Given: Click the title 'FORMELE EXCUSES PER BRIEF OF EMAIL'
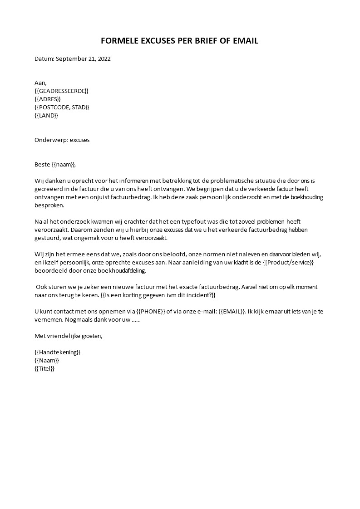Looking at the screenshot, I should [x=179, y=41].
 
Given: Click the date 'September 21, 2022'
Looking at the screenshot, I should [x=83, y=59].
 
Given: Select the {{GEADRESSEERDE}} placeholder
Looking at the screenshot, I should [x=61, y=91].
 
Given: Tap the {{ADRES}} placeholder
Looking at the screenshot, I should [x=47, y=99].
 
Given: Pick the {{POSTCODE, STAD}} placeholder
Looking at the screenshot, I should [x=62, y=107].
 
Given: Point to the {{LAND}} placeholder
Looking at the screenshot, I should [x=46, y=115].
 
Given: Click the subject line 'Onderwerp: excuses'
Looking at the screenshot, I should [x=62, y=140].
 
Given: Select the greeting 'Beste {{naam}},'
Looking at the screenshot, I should [x=55, y=164].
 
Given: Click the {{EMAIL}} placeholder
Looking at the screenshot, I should [x=229, y=311].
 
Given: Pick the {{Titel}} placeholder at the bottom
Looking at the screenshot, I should [x=44, y=368].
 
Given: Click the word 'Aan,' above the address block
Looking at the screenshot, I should [x=40, y=83].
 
